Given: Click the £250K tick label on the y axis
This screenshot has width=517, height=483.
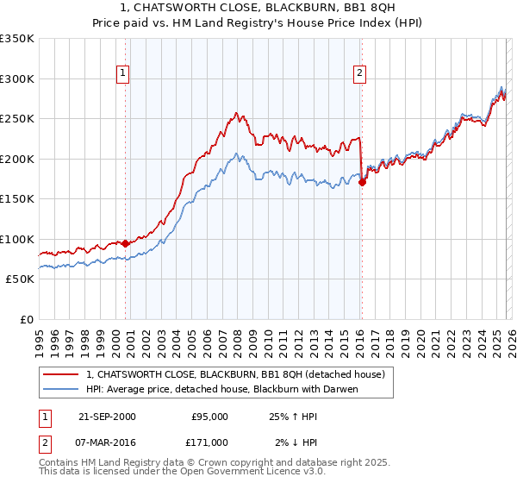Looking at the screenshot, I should click(17, 119).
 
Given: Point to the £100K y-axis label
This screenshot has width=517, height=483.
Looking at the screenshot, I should click(17, 239).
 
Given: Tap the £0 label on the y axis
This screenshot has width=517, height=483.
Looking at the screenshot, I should click(26, 319).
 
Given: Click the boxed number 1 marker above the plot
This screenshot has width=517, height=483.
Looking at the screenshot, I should click(125, 74).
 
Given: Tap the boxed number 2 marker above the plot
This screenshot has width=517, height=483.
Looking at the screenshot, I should click(358, 74).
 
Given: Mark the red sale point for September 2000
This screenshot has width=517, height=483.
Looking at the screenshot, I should click(126, 243).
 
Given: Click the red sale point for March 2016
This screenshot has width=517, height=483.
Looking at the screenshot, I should click(362, 182).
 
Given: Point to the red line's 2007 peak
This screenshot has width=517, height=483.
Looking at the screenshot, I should click(235, 113).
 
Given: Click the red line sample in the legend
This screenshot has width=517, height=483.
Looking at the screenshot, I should click(60, 374).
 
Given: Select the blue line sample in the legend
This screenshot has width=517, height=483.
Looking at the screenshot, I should click(60, 389).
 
